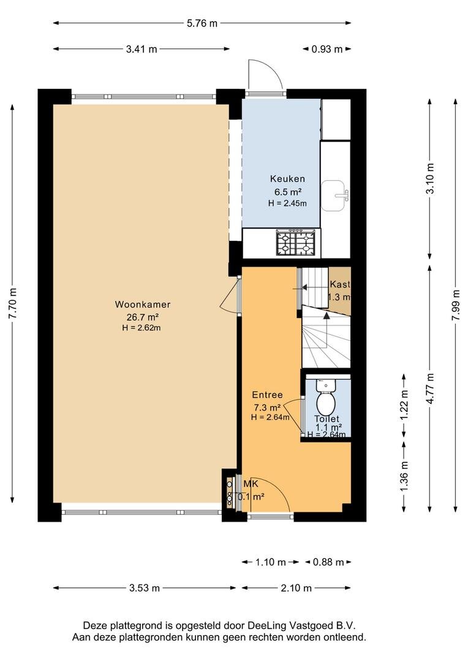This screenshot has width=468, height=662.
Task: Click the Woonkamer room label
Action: pyautogui.click(x=143, y=305)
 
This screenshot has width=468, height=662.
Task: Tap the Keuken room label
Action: pyautogui.click(x=287, y=178)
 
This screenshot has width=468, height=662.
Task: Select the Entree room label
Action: pyautogui.click(x=267, y=395)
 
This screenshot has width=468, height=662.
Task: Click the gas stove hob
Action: pyautogui.click(x=295, y=242)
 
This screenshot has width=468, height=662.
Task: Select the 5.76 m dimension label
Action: pyautogui.click(x=202, y=23)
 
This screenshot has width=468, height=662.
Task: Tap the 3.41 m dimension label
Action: pyautogui.click(x=142, y=49)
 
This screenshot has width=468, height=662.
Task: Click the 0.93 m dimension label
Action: pyautogui.click(x=327, y=49)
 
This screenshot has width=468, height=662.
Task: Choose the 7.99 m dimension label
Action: pyautogui.click(x=456, y=305)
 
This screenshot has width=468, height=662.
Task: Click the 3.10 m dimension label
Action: pyautogui.click(x=430, y=178)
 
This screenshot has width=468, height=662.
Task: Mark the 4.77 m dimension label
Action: pyautogui.click(x=430, y=389)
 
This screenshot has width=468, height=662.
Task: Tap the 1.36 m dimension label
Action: pyautogui.click(x=404, y=476)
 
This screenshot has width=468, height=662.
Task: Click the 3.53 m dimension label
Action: pyautogui.click(x=145, y=588)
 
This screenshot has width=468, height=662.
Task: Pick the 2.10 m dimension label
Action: pyautogui.click(x=296, y=588)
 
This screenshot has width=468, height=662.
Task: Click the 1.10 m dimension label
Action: pyautogui.click(x=271, y=562)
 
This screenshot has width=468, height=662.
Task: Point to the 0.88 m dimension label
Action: pyautogui.click(x=328, y=562)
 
